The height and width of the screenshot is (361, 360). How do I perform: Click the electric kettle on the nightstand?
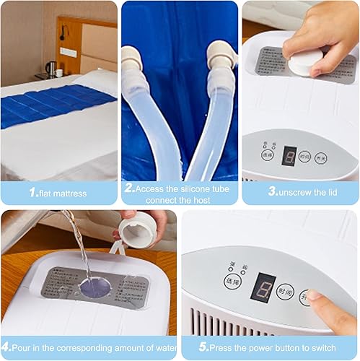pyautogui.click(x=51, y=69)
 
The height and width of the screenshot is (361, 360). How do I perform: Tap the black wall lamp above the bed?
pyautogui.click(x=63, y=32)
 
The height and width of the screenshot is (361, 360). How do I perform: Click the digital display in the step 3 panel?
pyautogui.click(x=289, y=155)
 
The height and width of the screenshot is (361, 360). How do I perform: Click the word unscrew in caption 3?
pyautogui.click(x=293, y=193)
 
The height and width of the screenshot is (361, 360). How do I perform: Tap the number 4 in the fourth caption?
pyautogui.click(x=6, y=348)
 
